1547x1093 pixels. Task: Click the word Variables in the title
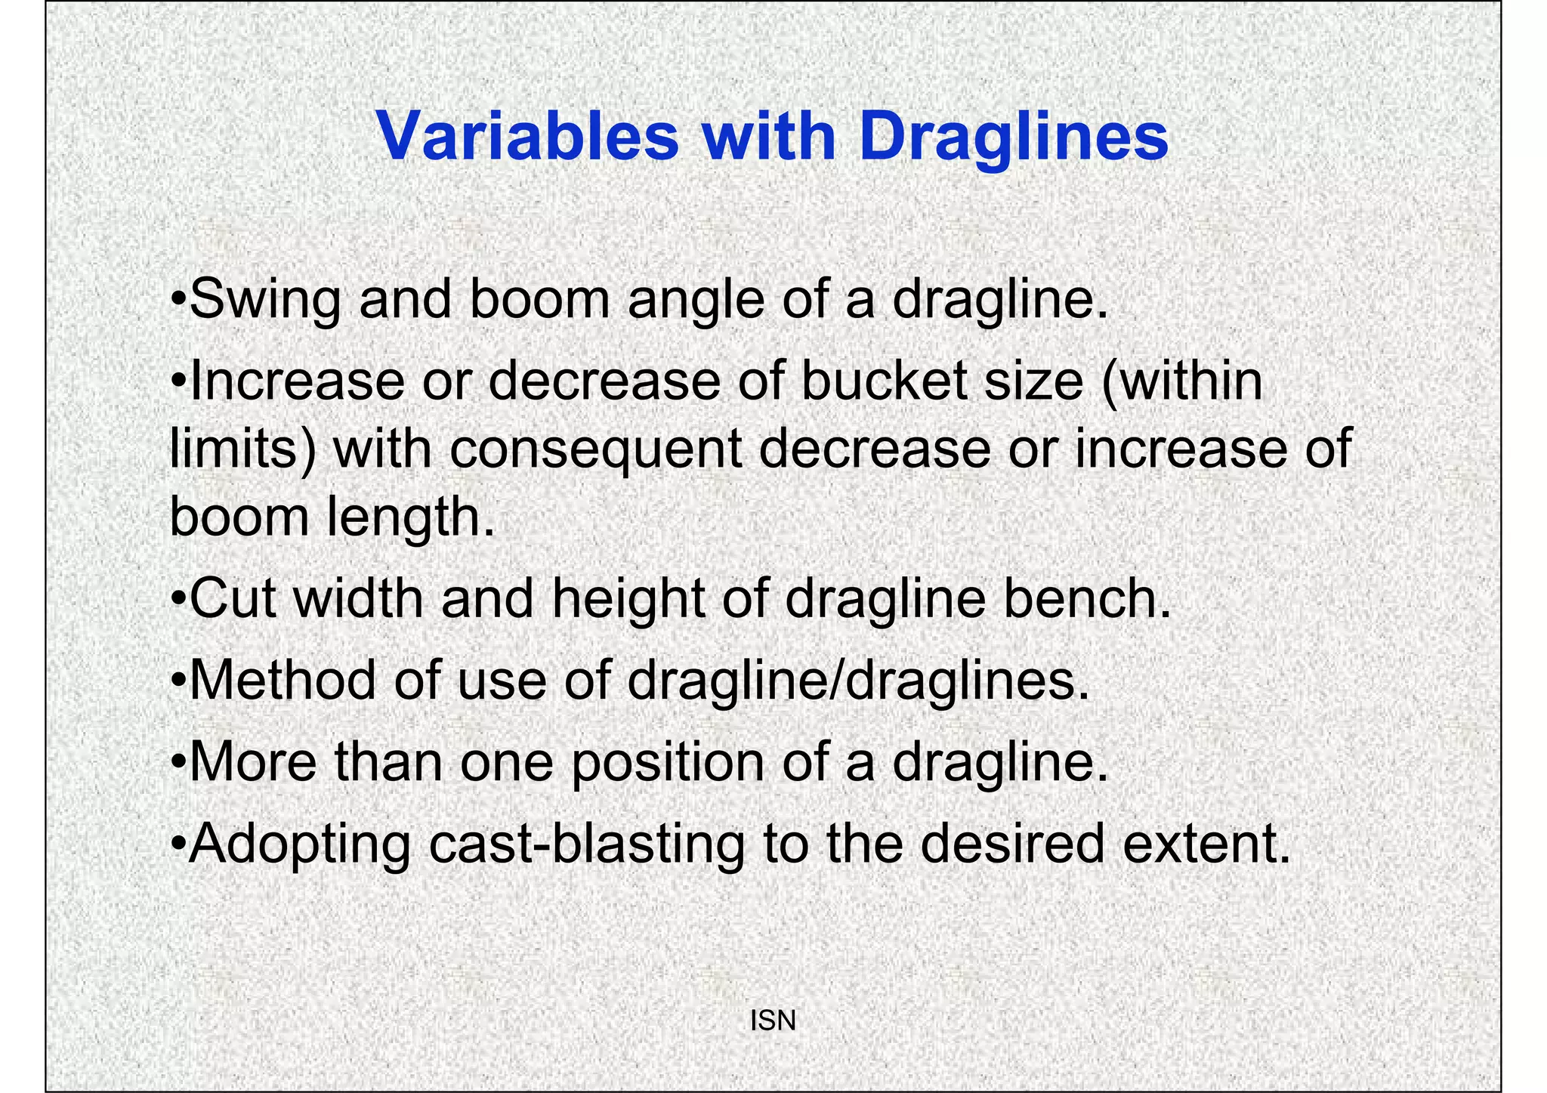[x=527, y=137]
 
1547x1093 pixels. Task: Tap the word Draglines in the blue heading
[x=1013, y=138]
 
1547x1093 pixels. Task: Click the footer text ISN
[x=773, y=1021]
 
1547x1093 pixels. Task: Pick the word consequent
[x=597, y=449]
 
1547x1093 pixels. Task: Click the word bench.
[x=1087, y=599]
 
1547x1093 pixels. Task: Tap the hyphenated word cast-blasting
[x=586, y=844]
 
